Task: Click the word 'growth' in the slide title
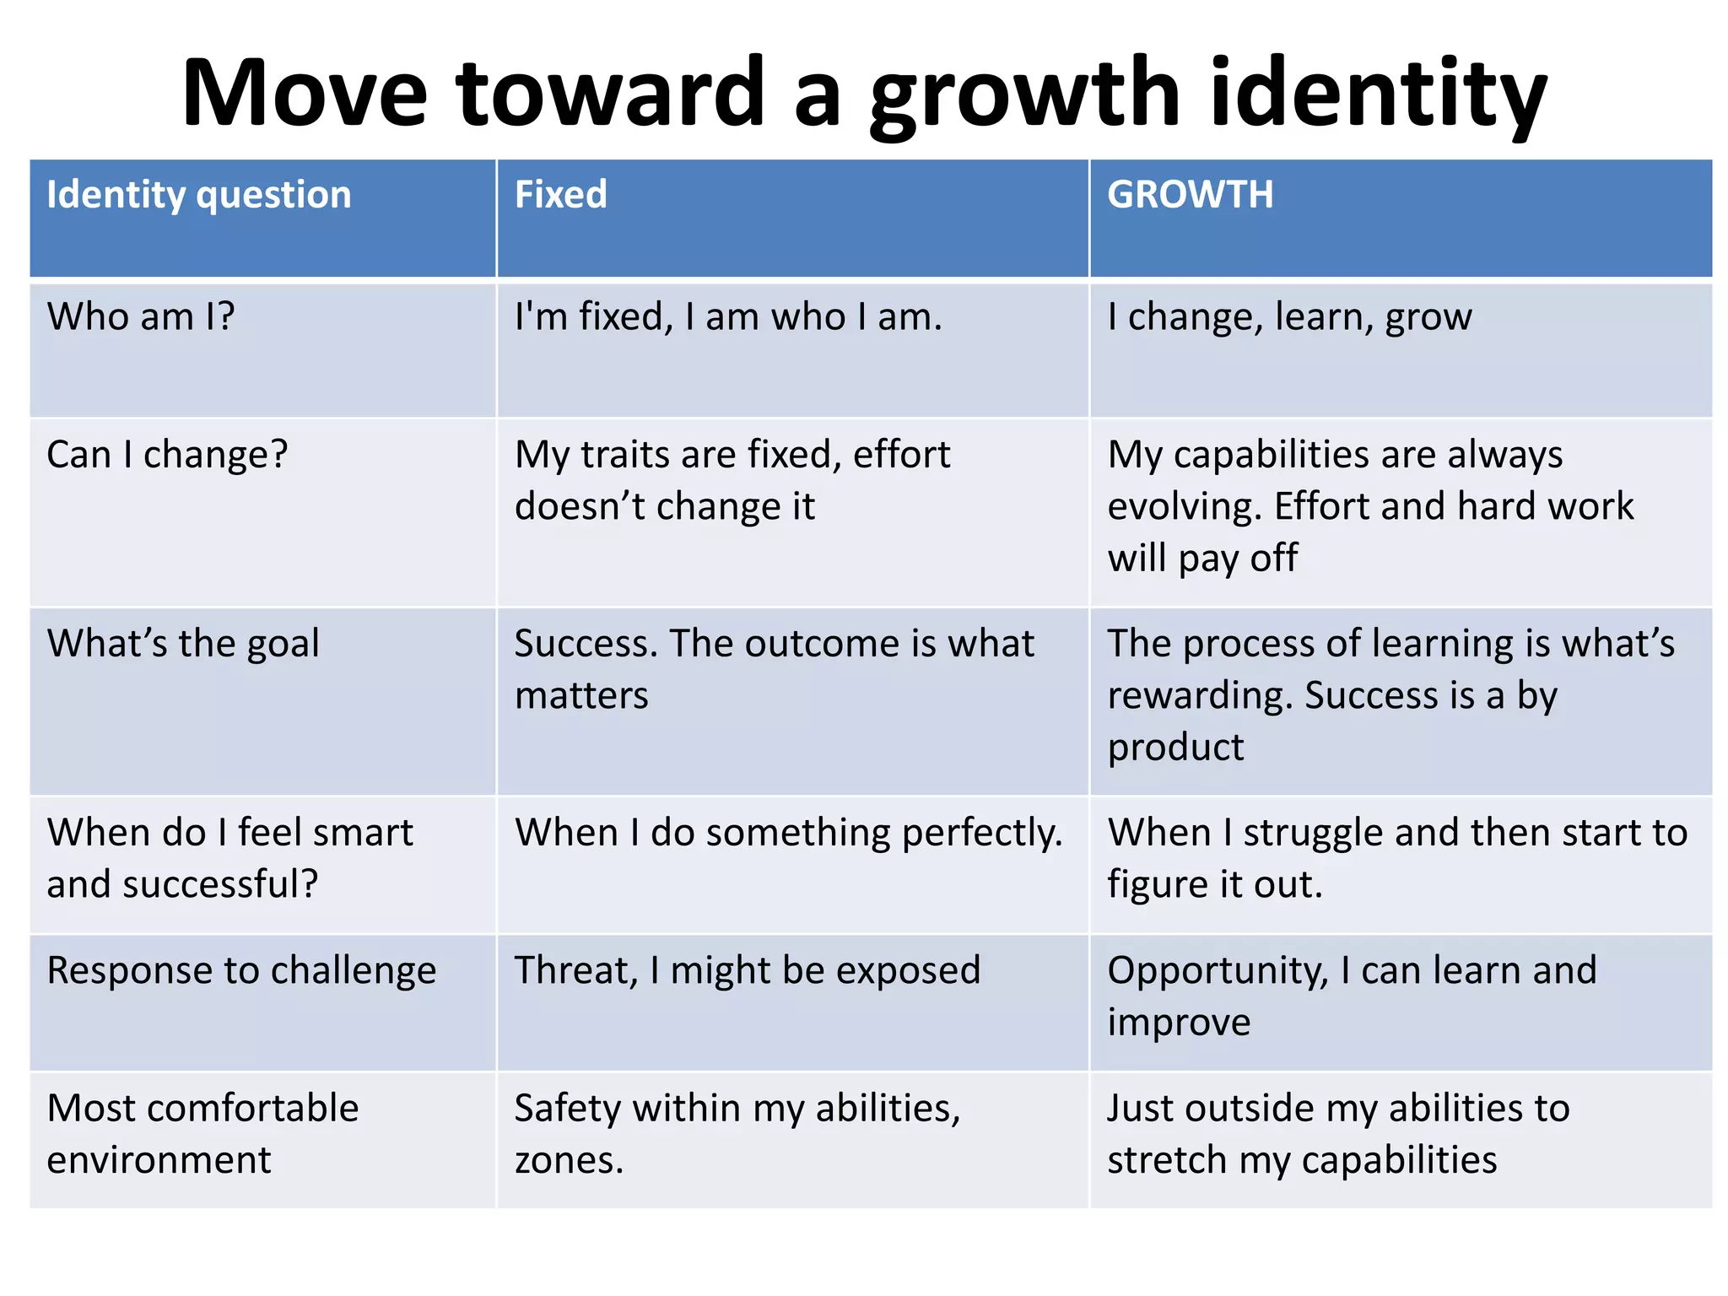tap(1024, 94)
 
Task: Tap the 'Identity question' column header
tap(198, 195)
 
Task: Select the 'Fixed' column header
tap(560, 195)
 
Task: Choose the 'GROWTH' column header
tap(1190, 195)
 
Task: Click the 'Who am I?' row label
tap(140, 317)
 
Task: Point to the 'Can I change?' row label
tap(167, 455)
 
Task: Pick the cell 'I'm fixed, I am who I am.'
tap(727, 317)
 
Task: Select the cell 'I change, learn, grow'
tap(1289, 317)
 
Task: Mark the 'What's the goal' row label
tap(183, 644)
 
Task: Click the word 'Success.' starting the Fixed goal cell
tap(586, 644)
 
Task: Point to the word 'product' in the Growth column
tap(1175, 748)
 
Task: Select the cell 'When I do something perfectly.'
tap(789, 833)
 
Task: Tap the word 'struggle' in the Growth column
tap(1312, 833)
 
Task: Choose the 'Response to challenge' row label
tap(241, 970)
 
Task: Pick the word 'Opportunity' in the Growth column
tap(1218, 970)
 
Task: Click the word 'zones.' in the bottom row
tap(569, 1161)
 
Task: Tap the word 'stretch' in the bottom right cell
tap(1167, 1161)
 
